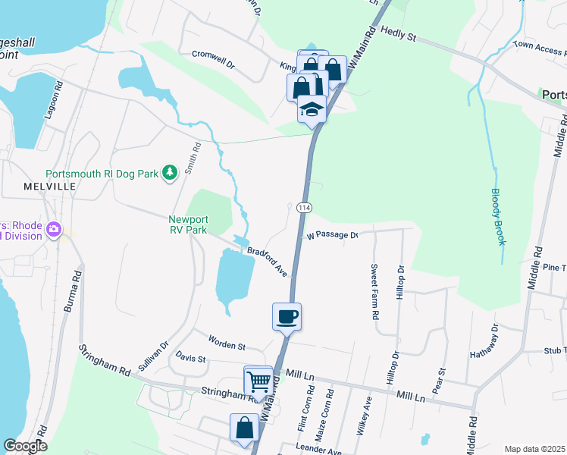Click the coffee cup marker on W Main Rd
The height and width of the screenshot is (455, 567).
click(x=287, y=315)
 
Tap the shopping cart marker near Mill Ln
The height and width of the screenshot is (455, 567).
click(x=258, y=380)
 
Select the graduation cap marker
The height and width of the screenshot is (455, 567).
click(x=311, y=110)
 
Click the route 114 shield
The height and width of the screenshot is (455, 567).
click(x=304, y=208)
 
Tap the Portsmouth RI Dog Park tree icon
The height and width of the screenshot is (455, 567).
click(x=170, y=174)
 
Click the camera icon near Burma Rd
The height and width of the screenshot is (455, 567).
click(x=54, y=229)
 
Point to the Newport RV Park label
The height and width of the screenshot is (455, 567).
click(x=187, y=224)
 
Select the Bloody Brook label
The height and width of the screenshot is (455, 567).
click(x=497, y=216)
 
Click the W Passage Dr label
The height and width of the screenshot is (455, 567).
click(x=332, y=236)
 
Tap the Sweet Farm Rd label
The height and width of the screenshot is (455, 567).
click(x=374, y=291)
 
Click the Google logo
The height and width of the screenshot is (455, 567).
click(x=25, y=446)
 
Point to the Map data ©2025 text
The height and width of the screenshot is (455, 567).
click(x=534, y=449)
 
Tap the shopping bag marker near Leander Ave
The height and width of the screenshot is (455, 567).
click(x=244, y=427)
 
